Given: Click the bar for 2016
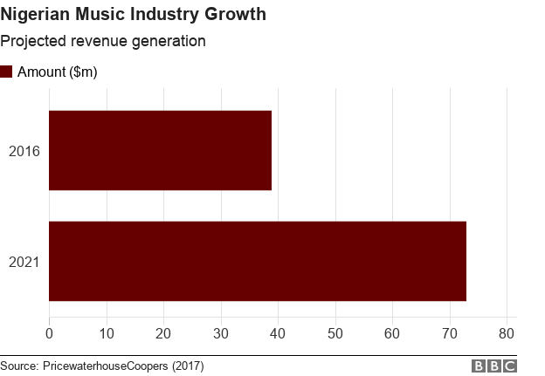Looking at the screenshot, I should [x=160, y=150].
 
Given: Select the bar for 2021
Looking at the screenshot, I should [x=258, y=261].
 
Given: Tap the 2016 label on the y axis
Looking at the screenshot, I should [x=24, y=151].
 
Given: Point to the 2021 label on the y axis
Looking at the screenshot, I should [x=24, y=262].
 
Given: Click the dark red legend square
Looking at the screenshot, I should [x=6, y=72].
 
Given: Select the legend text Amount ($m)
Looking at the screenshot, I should [x=57, y=72].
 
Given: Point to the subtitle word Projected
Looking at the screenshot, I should [x=33, y=42].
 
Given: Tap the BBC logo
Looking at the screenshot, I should [x=494, y=366].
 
